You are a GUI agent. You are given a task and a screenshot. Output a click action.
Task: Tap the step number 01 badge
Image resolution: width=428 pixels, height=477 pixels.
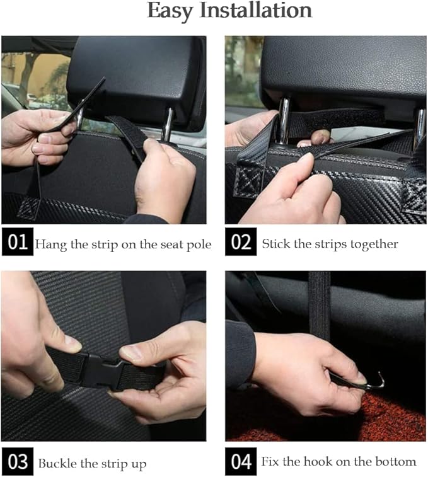17,243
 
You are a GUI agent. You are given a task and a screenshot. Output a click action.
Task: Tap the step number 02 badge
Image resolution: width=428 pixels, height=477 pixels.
241,243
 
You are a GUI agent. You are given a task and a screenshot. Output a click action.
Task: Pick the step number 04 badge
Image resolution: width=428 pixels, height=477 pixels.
241,462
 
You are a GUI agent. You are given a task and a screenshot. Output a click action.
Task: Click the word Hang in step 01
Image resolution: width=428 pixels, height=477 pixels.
51,244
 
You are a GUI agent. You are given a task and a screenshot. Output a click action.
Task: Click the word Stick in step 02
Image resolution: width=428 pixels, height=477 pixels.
275,244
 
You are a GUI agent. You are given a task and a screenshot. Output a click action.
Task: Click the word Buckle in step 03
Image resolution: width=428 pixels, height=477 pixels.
57,464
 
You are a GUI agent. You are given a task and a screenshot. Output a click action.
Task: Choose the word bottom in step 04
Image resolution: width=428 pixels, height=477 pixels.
395,462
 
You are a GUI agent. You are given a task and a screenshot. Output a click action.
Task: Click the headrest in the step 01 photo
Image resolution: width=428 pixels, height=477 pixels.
139,76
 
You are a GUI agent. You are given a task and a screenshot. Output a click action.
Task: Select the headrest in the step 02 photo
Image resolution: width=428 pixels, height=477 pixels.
344,69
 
